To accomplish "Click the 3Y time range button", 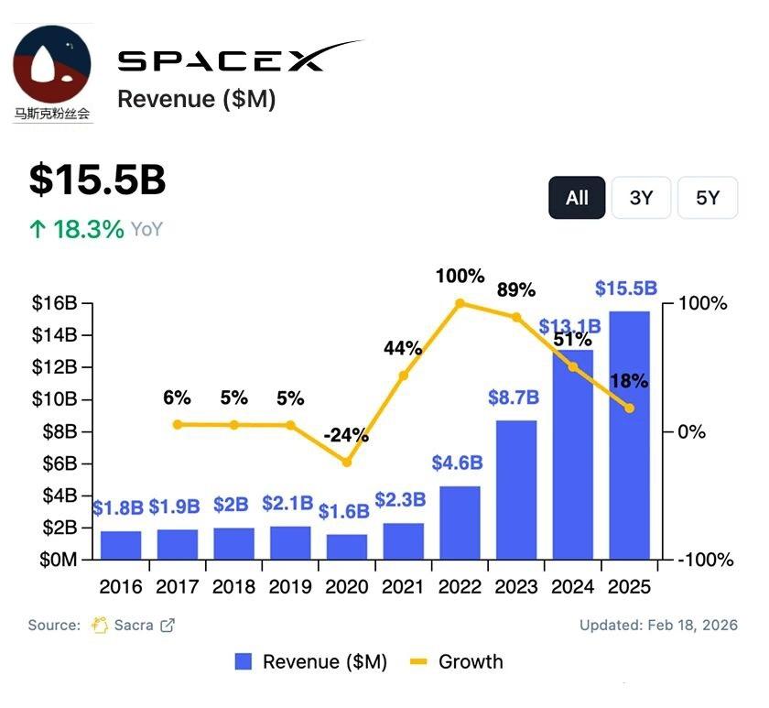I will point(641,198).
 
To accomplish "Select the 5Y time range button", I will point(707,198).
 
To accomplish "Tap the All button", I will point(577,198).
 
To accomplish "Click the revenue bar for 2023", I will point(516,490).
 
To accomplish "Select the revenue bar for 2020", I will point(347,547).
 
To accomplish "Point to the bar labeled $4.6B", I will point(460,522).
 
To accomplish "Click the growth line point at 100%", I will point(460,303).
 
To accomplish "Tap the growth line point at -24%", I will point(347,463).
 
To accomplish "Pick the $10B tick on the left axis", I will point(57,399).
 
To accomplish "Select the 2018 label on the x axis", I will point(233,587).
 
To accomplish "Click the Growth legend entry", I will point(458,661).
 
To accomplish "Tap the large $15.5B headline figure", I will point(97,180).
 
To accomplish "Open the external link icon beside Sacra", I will point(168,626).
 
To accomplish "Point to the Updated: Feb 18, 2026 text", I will point(658,626).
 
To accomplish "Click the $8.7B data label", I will point(516,398).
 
